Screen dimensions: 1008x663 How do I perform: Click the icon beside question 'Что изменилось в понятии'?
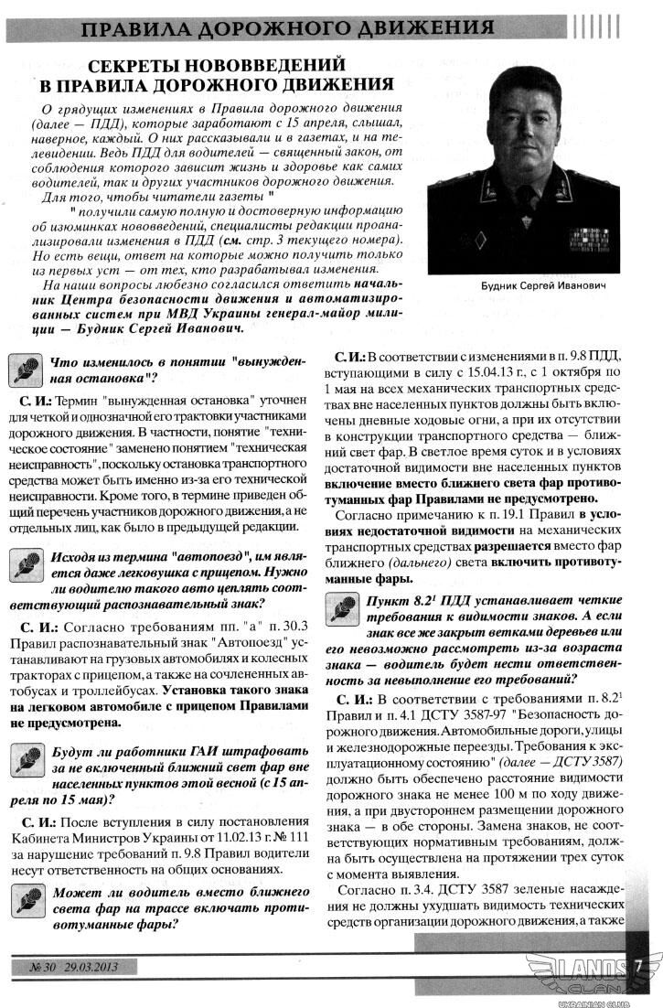(x=25, y=370)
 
